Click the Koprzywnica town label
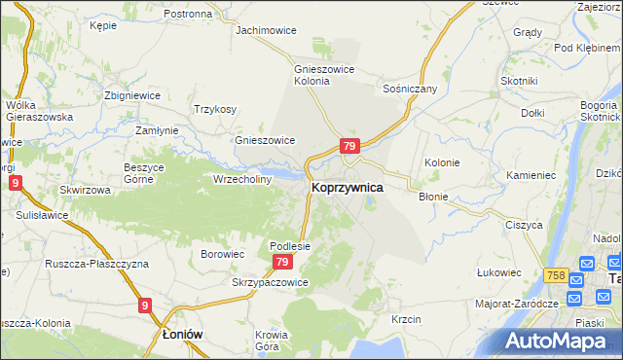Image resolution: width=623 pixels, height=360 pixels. pyautogui.click(x=347, y=187)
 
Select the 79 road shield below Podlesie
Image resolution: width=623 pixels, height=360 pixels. pyautogui.click(x=282, y=263)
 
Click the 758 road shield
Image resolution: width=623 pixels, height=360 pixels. pyautogui.click(x=556, y=276)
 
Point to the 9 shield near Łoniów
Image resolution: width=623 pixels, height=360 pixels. pyautogui.click(x=145, y=306)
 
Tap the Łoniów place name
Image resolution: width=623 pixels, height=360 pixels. pyautogui.click(x=182, y=333)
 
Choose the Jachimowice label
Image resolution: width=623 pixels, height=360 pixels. pyautogui.click(x=266, y=30)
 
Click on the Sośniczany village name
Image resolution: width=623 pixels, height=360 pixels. pyautogui.click(x=410, y=89)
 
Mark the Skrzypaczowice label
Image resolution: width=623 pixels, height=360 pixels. pyautogui.click(x=270, y=282)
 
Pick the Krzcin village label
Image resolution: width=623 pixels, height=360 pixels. pyautogui.click(x=405, y=319)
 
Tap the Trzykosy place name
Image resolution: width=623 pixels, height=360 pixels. pyautogui.click(x=216, y=109)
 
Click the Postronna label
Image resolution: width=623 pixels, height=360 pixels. pyautogui.click(x=188, y=14)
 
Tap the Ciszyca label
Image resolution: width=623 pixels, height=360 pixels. pyautogui.click(x=523, y=224)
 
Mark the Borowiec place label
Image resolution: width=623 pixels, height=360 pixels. pyautogui.click(x=221, y=254)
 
